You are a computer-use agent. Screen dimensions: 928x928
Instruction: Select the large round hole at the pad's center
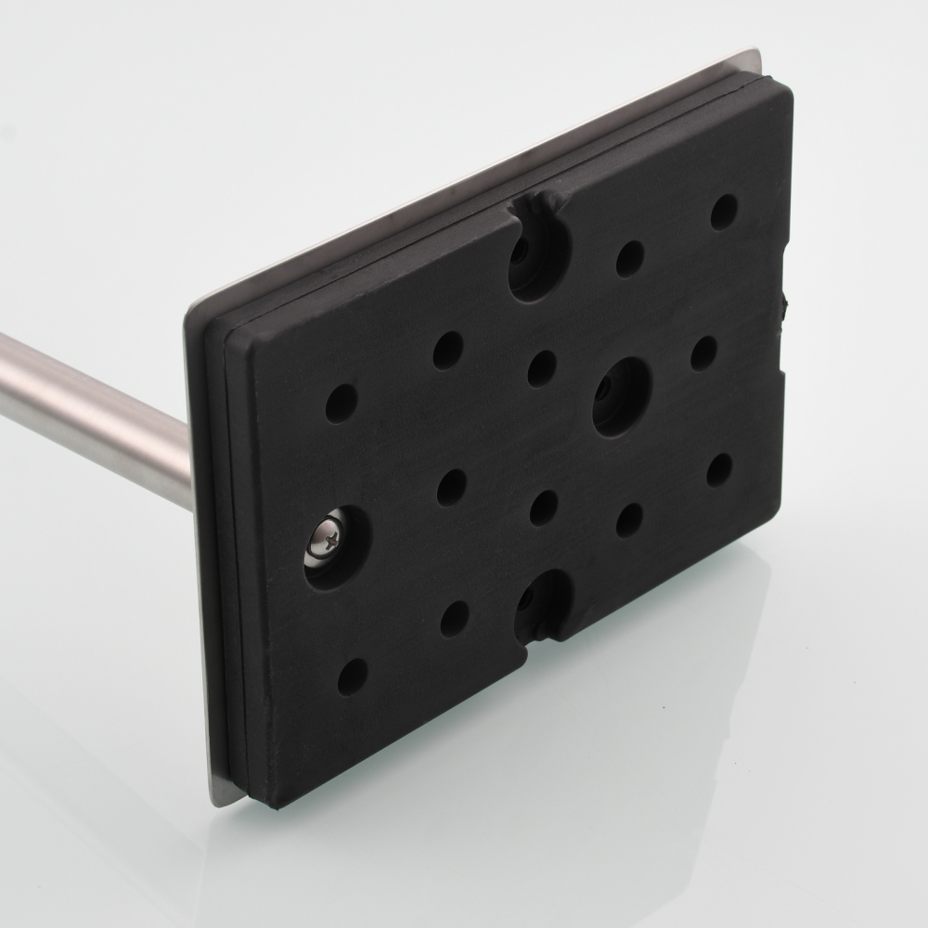point(621,396)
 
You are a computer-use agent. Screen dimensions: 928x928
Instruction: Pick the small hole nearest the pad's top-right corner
point(724,213)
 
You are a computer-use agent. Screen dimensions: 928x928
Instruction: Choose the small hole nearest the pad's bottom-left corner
point(352,677)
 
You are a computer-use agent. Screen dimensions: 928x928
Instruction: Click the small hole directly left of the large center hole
point(542,368)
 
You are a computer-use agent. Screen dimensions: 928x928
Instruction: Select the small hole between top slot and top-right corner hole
point(630,258)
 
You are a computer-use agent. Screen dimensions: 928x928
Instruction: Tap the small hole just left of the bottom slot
point(455,618)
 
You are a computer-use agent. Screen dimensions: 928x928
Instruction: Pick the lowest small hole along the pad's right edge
point(719,470)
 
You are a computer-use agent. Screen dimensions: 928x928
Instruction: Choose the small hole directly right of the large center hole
point(703,353)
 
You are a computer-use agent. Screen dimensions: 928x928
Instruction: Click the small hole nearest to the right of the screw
point(452,487)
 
